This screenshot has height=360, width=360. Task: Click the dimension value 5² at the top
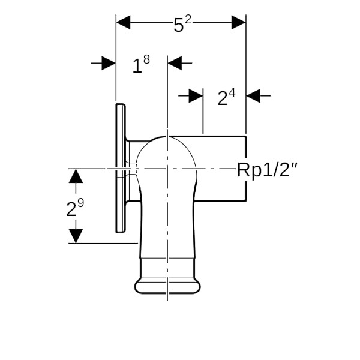(x=182, y=24)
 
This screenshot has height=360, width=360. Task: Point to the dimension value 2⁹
(x=75, y=208)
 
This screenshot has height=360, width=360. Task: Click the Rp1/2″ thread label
(x=267, y=170)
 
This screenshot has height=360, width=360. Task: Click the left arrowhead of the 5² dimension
(x=123, y=22)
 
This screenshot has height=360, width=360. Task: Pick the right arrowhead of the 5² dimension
(x=239, y=22)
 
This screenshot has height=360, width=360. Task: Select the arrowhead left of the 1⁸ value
(x=109, y=63)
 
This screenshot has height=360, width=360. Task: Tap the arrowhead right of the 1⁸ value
(x=175, y=63)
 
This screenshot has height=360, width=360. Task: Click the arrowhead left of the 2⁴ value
(x=196, y=95)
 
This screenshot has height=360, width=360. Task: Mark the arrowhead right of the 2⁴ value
(x=253, y=95)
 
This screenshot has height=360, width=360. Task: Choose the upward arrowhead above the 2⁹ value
(x=76, y=176)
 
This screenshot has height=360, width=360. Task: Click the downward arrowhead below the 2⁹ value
(x=76, y=236)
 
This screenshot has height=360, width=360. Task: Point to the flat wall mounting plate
(x=121, y=168)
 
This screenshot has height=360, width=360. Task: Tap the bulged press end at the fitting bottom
(x=167, y=286)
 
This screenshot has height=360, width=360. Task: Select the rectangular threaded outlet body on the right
(x=220, y=169)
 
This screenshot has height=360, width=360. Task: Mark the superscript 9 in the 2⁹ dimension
(x=81, y=203)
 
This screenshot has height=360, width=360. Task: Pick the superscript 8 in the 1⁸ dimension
(x=147, y=59)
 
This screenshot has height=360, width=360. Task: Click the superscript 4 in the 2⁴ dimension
(x=232, y=93)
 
